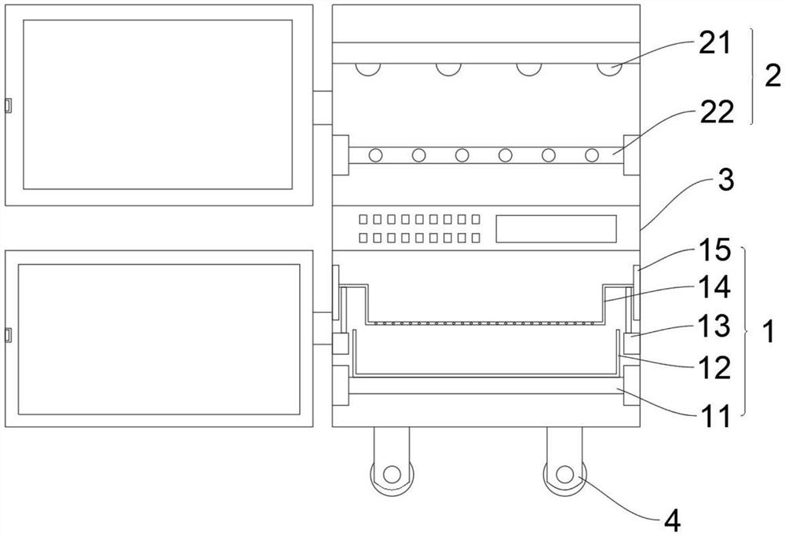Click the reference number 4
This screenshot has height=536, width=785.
click(672, 518)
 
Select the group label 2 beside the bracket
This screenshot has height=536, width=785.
click(772, 76)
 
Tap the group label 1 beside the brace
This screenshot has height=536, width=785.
click(769, 332)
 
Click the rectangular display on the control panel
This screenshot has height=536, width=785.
click(556, 228)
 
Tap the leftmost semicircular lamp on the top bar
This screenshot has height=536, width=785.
click(367, 69)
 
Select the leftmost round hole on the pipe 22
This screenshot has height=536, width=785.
click(376, 155)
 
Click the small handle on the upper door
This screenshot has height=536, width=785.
click(7, 105)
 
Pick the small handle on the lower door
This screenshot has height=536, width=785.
click(7, 336)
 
